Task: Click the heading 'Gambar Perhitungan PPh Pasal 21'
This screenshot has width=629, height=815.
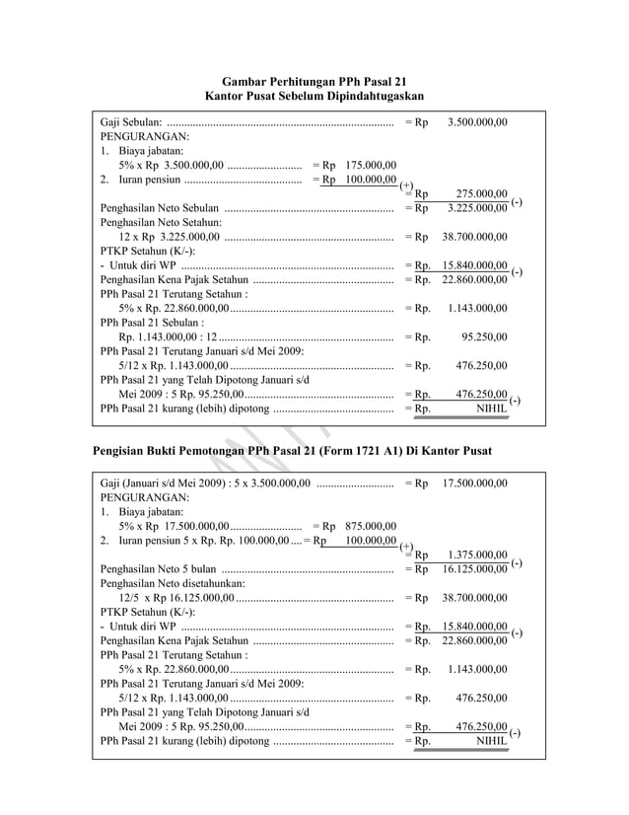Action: (x=314, y=81)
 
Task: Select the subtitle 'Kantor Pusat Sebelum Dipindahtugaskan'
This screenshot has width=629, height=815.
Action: (x=314, y=97)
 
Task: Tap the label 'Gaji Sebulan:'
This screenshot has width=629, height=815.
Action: (x=133, y=123)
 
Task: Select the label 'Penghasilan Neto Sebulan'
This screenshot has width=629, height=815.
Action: (x=160, y=209)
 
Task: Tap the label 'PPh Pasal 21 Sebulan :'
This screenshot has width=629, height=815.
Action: (x=152, y=322)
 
